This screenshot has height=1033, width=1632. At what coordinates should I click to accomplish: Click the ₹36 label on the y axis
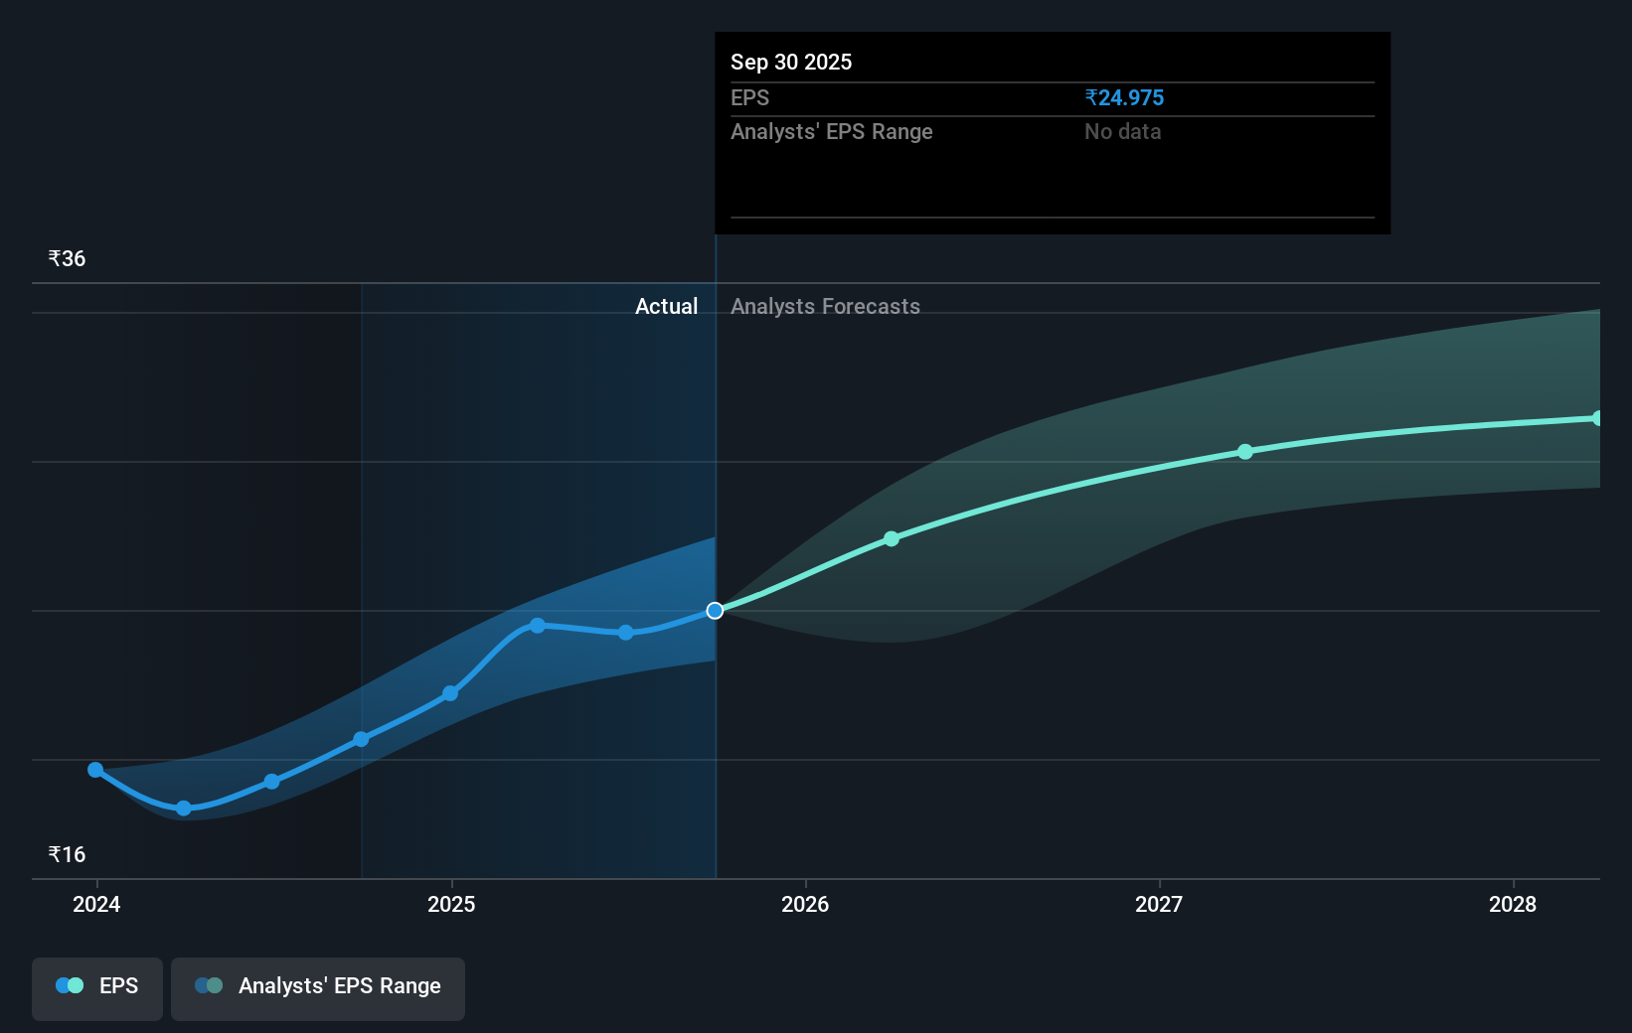click(67, 259)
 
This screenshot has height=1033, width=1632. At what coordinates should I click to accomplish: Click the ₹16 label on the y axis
click(67, 855)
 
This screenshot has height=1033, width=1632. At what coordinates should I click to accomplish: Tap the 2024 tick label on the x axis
click(96, 904)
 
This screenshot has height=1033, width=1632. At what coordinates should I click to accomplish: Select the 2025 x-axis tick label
click(451, 904)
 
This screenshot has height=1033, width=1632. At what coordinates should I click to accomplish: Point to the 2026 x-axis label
click(805, 904)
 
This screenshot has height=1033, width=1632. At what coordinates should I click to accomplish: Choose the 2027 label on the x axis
click(1159, 904)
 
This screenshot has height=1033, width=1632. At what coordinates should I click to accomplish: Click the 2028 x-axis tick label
click(1513, 904)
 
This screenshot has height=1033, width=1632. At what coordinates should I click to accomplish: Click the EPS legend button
click(97, 986)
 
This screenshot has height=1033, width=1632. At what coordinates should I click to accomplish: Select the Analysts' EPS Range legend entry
click(318, 986)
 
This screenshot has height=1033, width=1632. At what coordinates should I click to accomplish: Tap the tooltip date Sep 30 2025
click(791, 62)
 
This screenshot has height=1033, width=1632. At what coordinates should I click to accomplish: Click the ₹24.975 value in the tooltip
click(1124, 97)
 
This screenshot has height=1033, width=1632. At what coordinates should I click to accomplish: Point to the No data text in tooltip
click(1122, 131)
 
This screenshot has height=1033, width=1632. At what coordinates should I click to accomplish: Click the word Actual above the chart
click(666, 306)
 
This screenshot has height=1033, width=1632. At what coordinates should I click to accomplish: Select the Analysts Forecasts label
click(825, 306)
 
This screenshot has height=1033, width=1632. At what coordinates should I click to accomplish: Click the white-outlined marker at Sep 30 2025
click(715, 610)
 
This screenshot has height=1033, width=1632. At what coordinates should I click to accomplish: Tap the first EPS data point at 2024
click(95, 770)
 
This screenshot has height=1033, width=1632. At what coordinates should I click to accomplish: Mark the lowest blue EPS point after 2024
click(184, 809)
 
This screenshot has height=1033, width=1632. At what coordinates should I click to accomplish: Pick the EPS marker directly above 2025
click(450, 693)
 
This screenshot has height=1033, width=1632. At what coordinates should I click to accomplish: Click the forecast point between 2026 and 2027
click(892, 538)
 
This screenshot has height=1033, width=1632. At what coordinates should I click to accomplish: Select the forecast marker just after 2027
click(1245, 452)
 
